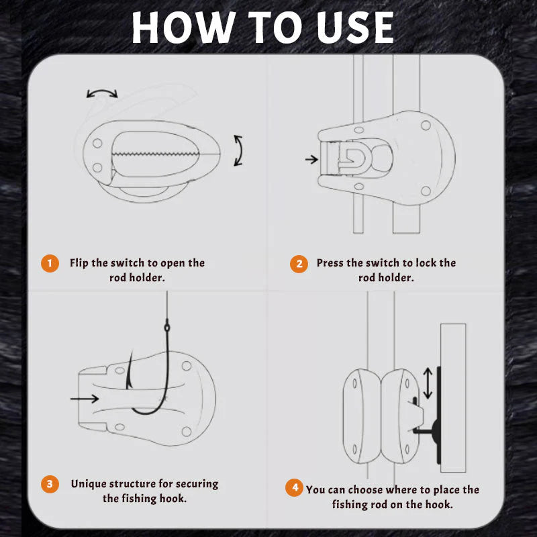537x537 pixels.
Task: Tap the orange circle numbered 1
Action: pyautogui.click(x=50, y=263)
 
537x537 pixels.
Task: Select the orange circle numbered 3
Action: pyautogui.click(x=50, y=484)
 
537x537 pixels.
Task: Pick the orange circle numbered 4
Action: pyautogui.click(x=293, y=488)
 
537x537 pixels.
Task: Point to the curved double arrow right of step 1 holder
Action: pyautogui.click(x=238, y=150)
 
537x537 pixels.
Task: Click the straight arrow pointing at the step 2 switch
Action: pyautogui.click(x=311, y=160)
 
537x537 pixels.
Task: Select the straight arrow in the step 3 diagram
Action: pyautogui.click(x=84, y=399)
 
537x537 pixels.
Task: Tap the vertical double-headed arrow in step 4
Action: pyautogui.click(x=428, y=383)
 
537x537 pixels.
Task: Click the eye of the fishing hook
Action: pyautogui.click(x=166, y=328)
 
